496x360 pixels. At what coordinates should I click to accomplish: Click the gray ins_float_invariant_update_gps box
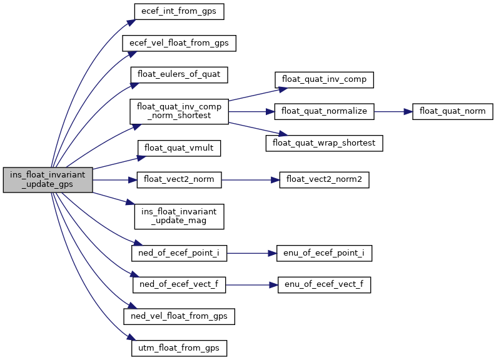pyautogui.click(x=48, y=180)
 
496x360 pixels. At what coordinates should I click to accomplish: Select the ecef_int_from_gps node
pyautogui.click(x=179, y=12)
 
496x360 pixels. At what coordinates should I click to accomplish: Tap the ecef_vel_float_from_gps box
pyautogui.click(x=179, y=43)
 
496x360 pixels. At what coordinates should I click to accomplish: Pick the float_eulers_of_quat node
pyautogui.click(x=179, y=74)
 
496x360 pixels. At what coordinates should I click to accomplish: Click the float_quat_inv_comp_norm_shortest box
pyautogui.click(x=179, y=111)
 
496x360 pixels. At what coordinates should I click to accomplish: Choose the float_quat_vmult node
pyautogui.click(x=179, y=149)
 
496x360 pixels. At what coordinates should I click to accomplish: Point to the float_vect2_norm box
pyautogui.click(x=179, y=180)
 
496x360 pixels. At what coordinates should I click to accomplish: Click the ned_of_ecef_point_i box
pyautogui.click(x=179, y=254)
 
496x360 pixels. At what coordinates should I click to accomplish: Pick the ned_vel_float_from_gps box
pyautogui.click(x=179, y=316)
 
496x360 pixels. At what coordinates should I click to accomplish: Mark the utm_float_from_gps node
pyautogui.click(x=179, y=347)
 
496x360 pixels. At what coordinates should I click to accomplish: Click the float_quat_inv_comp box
pyautogui.click(x=324, y=80)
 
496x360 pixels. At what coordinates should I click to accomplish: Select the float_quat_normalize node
pyautogui.click(x=324, y=111)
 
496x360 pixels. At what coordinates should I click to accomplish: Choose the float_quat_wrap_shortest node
pyautogui.click(x=324, y=142)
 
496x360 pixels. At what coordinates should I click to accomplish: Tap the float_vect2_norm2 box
pyautogui.click(x=324, y=180)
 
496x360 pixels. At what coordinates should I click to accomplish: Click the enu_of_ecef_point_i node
pyautogui.click(x=324, y=254)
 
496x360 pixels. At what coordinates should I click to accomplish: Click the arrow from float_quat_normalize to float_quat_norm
pyautogui.click(x=393, y=111)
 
